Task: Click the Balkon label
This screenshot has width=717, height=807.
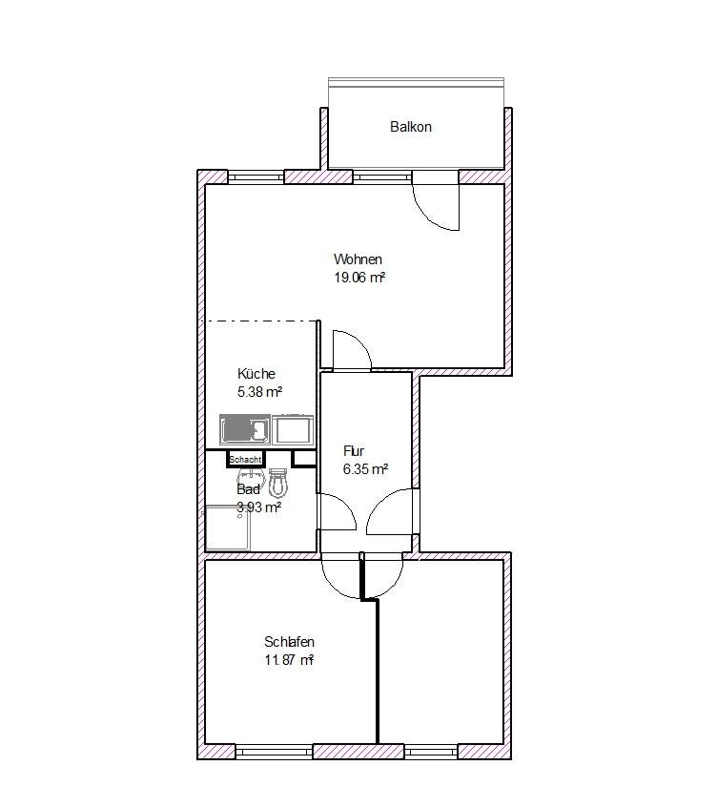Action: (x=411, y=127)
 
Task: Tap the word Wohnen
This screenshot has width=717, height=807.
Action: (x=358, y=259)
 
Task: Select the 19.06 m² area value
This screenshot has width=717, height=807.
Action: (x=358, y=278)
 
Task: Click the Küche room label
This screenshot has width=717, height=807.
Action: (x=256, y=374)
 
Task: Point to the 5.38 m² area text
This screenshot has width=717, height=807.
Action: (x=259, y=392)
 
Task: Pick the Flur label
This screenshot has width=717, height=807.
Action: (x=354, y=451)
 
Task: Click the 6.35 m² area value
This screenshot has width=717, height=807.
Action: (x=365, y=469)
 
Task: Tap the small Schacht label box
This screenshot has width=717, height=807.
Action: (x=245, y=460)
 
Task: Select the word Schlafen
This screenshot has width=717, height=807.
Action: (x=290, y=642)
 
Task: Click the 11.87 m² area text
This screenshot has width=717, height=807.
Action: (x=290, y=660)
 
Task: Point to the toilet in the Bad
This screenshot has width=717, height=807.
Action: (x=278, y=484)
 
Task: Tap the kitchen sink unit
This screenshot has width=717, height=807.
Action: (x=246, y=430)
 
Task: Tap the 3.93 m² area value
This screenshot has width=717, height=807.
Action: (x=258, y=507)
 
